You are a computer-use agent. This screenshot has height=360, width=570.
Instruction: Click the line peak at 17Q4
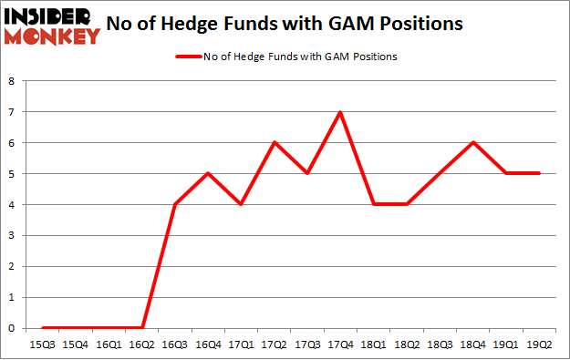tap(339, 112)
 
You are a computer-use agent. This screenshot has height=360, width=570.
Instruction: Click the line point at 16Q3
tap(175, 204)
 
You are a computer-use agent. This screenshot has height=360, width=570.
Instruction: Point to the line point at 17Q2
tap(274, 143)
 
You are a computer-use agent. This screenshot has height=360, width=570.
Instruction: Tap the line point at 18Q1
tap(372, 204)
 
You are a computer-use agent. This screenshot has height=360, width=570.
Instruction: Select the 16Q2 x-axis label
tap(142, 345)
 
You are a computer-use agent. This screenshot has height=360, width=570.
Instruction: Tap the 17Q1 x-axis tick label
tap(241, 345)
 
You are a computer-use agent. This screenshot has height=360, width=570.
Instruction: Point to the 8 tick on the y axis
tap(11, 81)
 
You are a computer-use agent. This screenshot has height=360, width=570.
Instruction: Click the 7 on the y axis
tap(11, 112)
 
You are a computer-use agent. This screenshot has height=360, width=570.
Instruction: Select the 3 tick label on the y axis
tap(11, 235)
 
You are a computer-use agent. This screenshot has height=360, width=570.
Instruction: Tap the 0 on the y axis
tap(11, 328)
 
